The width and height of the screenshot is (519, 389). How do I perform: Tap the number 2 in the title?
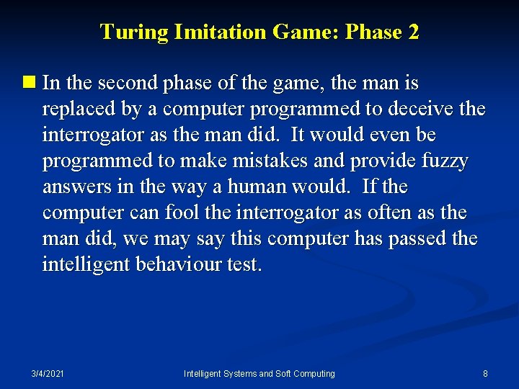[x=412, y=32]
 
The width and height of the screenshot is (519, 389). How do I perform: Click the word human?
[x=254, y=187]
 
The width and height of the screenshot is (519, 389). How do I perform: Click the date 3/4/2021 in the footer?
[x=48, y=374]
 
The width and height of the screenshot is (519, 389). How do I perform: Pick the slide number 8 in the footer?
[x=485, y=374]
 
